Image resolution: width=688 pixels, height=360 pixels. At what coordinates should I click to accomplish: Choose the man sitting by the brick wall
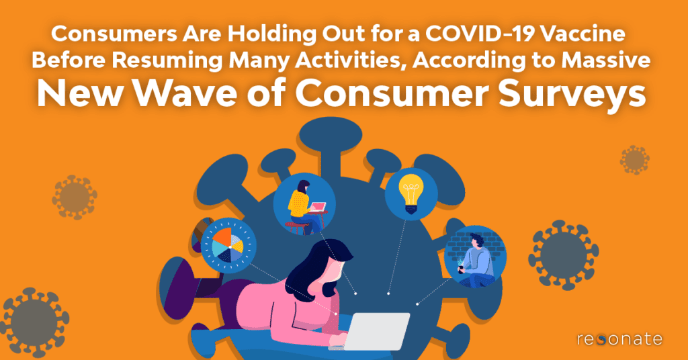[x=474, y=259]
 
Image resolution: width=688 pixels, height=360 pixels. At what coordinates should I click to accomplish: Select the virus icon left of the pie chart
[x=75, y=197]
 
